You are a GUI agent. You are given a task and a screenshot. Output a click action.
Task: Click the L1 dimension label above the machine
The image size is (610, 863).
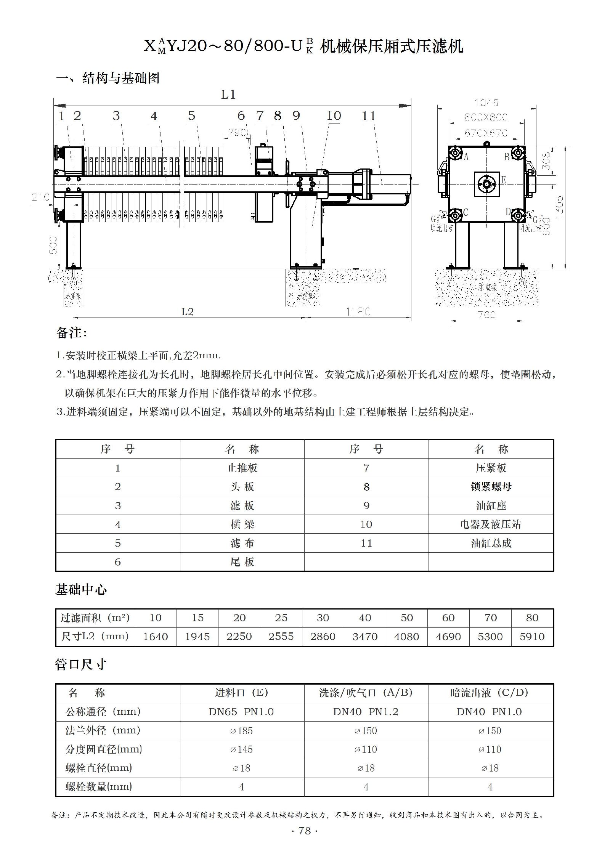(228, 94)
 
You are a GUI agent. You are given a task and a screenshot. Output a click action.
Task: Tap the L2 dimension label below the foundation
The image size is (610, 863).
(187, 312)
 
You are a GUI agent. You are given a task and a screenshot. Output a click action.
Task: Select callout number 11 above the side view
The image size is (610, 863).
(368, 115)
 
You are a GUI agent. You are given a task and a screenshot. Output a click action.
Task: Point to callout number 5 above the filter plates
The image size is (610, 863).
(191, 115)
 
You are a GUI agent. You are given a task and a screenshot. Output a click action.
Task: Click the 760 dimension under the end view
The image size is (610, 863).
(486, 315)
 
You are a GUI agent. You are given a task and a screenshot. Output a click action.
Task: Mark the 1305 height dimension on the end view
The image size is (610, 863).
(559, 207)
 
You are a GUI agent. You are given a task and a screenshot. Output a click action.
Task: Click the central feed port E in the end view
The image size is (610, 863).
(486, 184)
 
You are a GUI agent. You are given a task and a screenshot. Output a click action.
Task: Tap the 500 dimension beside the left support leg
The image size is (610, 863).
(53, 245)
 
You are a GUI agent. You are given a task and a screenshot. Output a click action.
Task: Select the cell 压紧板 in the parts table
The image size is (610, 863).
(491, 468)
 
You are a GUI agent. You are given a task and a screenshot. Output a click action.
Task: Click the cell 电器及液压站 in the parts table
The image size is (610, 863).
(491, 524)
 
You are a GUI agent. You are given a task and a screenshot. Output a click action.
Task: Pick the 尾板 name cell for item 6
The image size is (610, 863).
(242, 562)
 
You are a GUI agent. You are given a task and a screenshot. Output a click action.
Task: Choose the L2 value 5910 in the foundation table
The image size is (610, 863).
(532, 637)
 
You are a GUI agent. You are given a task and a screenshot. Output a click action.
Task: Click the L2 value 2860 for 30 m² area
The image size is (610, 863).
(323, 637)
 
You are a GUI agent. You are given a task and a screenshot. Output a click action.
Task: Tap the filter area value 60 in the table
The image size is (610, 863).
(448, 618)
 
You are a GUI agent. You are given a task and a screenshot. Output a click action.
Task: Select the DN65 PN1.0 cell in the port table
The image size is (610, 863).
(241, 712)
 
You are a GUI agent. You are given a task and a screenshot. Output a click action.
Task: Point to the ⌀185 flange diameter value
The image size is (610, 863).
(241, 731)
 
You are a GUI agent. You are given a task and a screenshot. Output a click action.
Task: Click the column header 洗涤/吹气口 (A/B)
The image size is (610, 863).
(366, 693)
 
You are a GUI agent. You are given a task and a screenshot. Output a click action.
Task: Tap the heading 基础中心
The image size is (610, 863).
(81, 590)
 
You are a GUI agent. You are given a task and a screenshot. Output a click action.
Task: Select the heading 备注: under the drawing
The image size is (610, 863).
(71, 333)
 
